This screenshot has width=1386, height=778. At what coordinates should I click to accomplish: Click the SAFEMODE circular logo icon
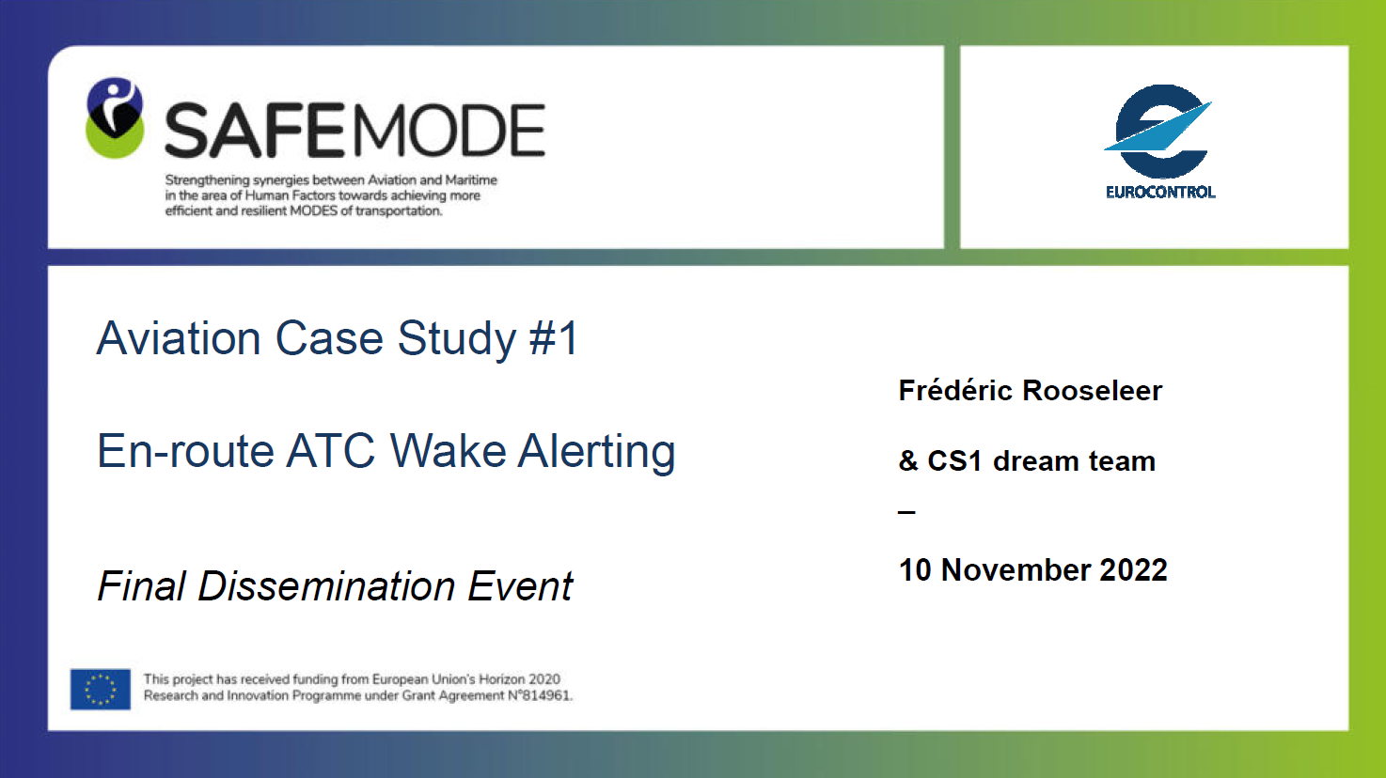pyautogui.click(x=115, y=117)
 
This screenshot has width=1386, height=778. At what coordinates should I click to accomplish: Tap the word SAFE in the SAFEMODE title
pyautogui.click(x=254, y=131)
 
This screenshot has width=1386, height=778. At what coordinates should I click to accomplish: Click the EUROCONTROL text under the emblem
pyautogui.click(x=1160, y=192)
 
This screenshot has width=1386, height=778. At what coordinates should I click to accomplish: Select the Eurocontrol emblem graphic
pyautogui.click(x=1158, y=132)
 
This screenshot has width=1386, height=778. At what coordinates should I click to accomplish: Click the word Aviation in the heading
pyautogui.click(x=179, y=338)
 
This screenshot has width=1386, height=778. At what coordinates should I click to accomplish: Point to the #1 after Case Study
pyautogui.click(x=554, y=338)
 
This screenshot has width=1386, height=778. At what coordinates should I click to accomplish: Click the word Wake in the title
pyautogui.click(x=449, y=451)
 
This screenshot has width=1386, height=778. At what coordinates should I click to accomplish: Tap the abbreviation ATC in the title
pyautogui.click(x=331, y=451)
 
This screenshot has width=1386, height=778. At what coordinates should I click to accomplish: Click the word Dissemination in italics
pyautogui.click(x=326, y=585)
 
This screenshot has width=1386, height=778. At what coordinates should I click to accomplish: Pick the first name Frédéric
pyautogui.click(x=954, y=391)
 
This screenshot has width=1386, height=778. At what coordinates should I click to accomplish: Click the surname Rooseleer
pyautogui.click(x=1093, y=391)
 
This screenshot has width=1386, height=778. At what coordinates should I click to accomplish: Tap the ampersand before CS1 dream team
pyautogui.click(x=908, y=461)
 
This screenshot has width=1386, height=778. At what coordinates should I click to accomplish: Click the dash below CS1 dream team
pyautogui.click(x=906, y=512)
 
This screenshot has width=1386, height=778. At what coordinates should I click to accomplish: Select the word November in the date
pyautogui.click(x=1016, y=569)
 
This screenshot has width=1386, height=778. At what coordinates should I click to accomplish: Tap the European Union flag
pyautogui.click(x=101, y=689)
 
